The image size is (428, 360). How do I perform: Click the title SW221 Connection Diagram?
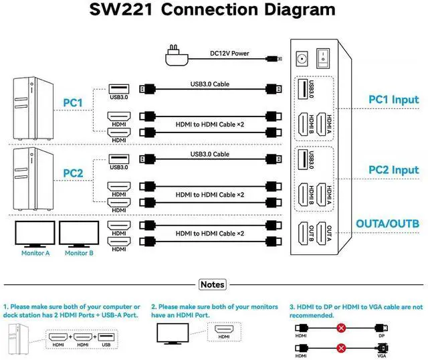pos(213,10)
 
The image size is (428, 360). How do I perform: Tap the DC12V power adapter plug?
pos(175,57)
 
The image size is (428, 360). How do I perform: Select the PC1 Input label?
pos(393,100)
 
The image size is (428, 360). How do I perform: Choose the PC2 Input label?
pos(393,170)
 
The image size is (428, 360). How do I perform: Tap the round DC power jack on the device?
pos(302,59)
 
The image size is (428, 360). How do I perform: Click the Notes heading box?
pos(213,284)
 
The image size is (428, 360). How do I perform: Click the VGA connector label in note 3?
pos(382,355)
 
